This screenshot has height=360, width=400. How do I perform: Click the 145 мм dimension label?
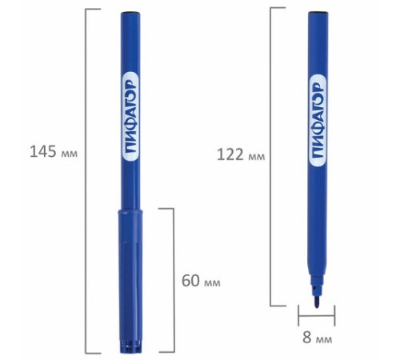coord(54,152)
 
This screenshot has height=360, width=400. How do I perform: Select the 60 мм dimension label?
coord(201,281)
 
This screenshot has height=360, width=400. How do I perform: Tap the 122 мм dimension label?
coord(241,154)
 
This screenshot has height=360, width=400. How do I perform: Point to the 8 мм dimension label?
coord(318,338)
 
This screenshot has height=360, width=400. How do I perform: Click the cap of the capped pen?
coord(130,282)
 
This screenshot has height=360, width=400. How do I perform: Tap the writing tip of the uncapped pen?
coord(317,302)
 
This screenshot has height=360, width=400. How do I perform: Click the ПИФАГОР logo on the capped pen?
coord(130,117)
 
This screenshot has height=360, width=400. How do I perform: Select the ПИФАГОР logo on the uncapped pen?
coord(318,121)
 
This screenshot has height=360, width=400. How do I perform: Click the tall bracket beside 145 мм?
coord(86,181)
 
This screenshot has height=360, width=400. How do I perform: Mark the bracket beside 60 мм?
coord(174,280)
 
